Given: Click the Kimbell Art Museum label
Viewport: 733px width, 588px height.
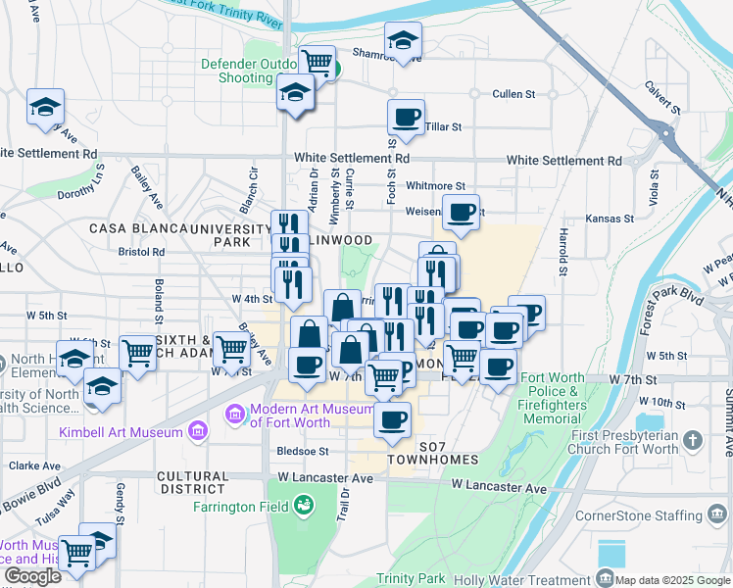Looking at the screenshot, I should point(121,432).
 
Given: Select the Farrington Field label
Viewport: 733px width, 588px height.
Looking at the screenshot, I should point(240,506).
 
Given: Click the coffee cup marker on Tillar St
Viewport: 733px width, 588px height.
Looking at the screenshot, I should point(406,119).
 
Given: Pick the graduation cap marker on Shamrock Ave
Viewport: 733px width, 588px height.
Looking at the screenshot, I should point(402,40).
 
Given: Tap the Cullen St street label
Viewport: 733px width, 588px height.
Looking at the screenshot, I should point(513,95).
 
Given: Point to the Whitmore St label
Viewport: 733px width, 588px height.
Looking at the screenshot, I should point(435,185).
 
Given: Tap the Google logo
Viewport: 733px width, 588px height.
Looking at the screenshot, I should point(33,576).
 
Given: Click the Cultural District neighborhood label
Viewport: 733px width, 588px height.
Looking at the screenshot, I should point(192,482).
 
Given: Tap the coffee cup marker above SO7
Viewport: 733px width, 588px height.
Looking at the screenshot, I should point(393,419).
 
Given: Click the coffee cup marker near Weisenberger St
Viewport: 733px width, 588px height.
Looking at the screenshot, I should point(461,211).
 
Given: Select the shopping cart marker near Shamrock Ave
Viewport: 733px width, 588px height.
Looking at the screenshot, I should point(317,62).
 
